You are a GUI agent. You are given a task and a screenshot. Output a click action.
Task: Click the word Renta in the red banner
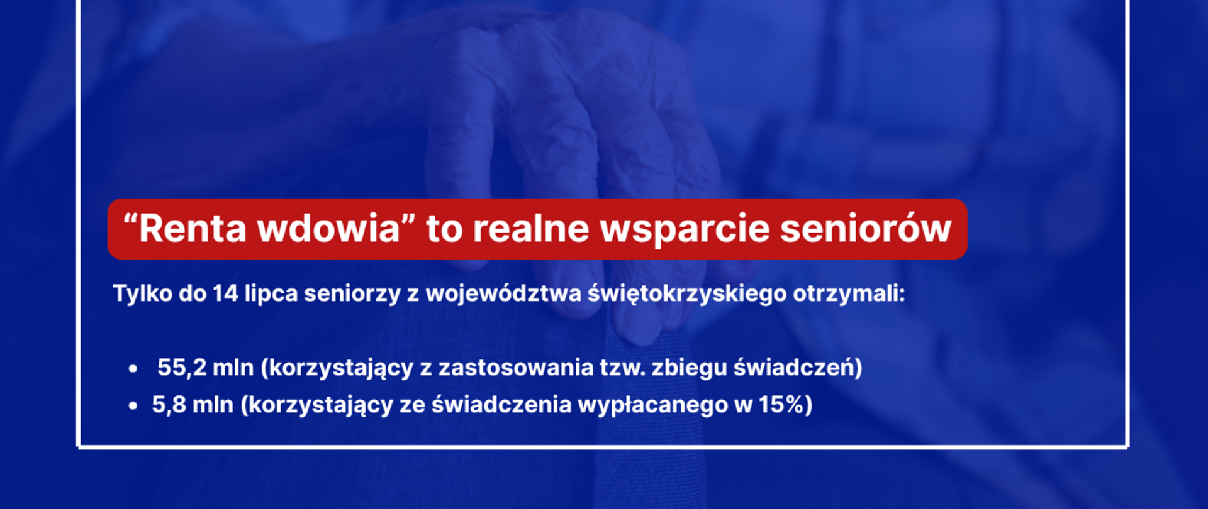[192, 229]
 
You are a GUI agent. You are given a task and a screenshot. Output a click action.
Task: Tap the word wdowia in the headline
[328, 229]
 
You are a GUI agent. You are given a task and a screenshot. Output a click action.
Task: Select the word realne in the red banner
[530, 229]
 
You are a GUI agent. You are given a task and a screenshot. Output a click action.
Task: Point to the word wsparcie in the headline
[685, 229]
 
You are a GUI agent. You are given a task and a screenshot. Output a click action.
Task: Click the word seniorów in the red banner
[866, 229]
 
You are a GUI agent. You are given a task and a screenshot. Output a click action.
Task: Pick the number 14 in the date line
[225, 293]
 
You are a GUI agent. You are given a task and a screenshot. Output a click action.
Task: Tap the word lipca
[271, 293]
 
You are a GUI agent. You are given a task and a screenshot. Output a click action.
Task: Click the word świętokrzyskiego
[687, 293]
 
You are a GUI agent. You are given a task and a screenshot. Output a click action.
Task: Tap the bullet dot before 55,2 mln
[133, 369]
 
